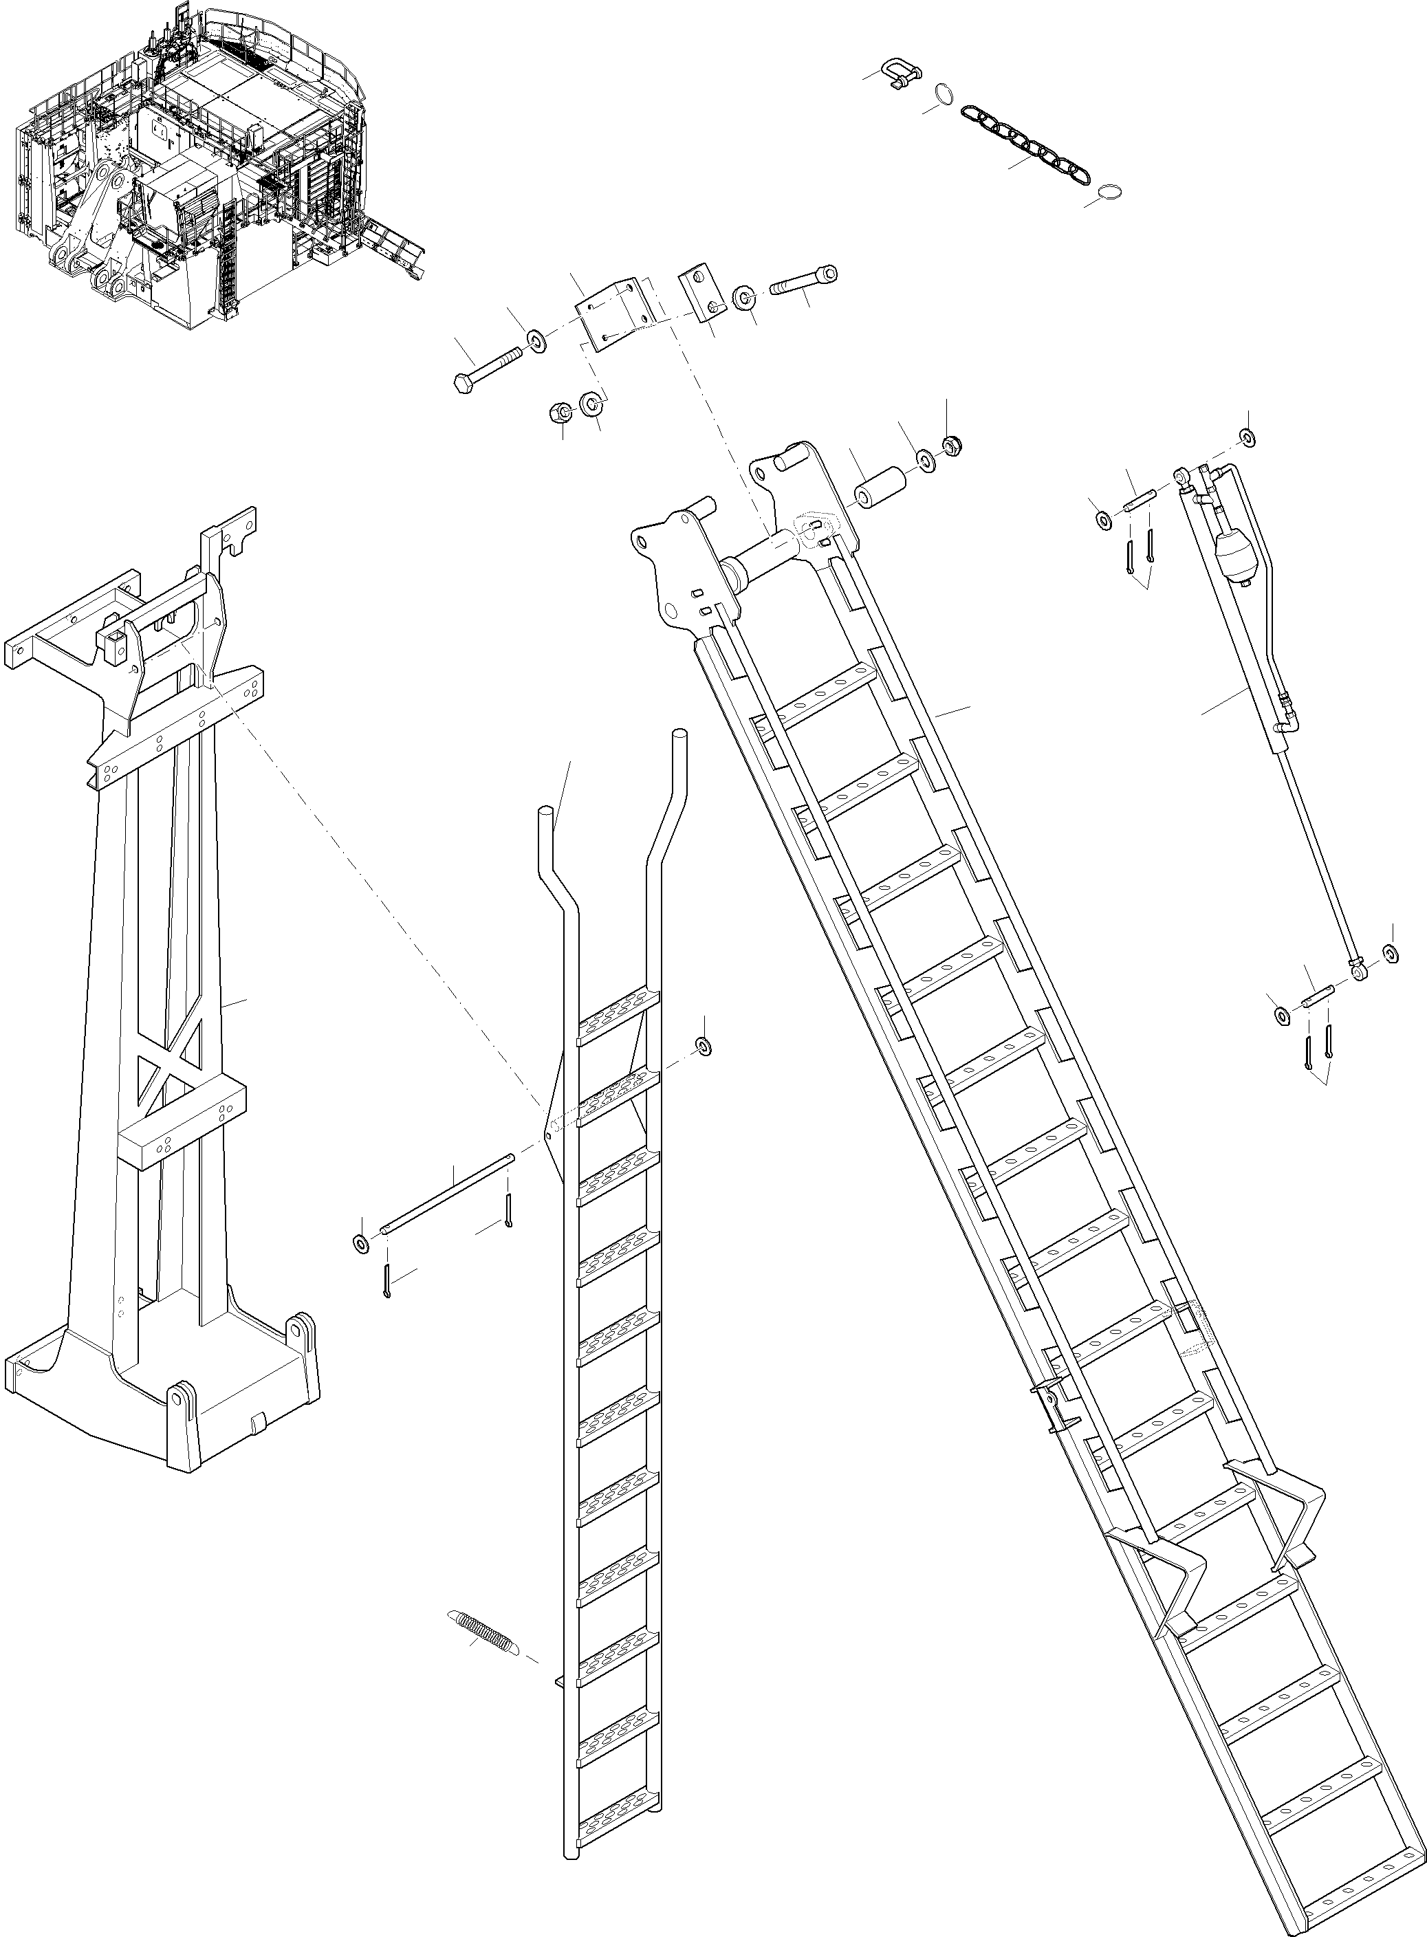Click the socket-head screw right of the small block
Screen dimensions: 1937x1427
(803, 281)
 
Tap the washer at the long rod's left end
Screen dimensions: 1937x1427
(361, 1244)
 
